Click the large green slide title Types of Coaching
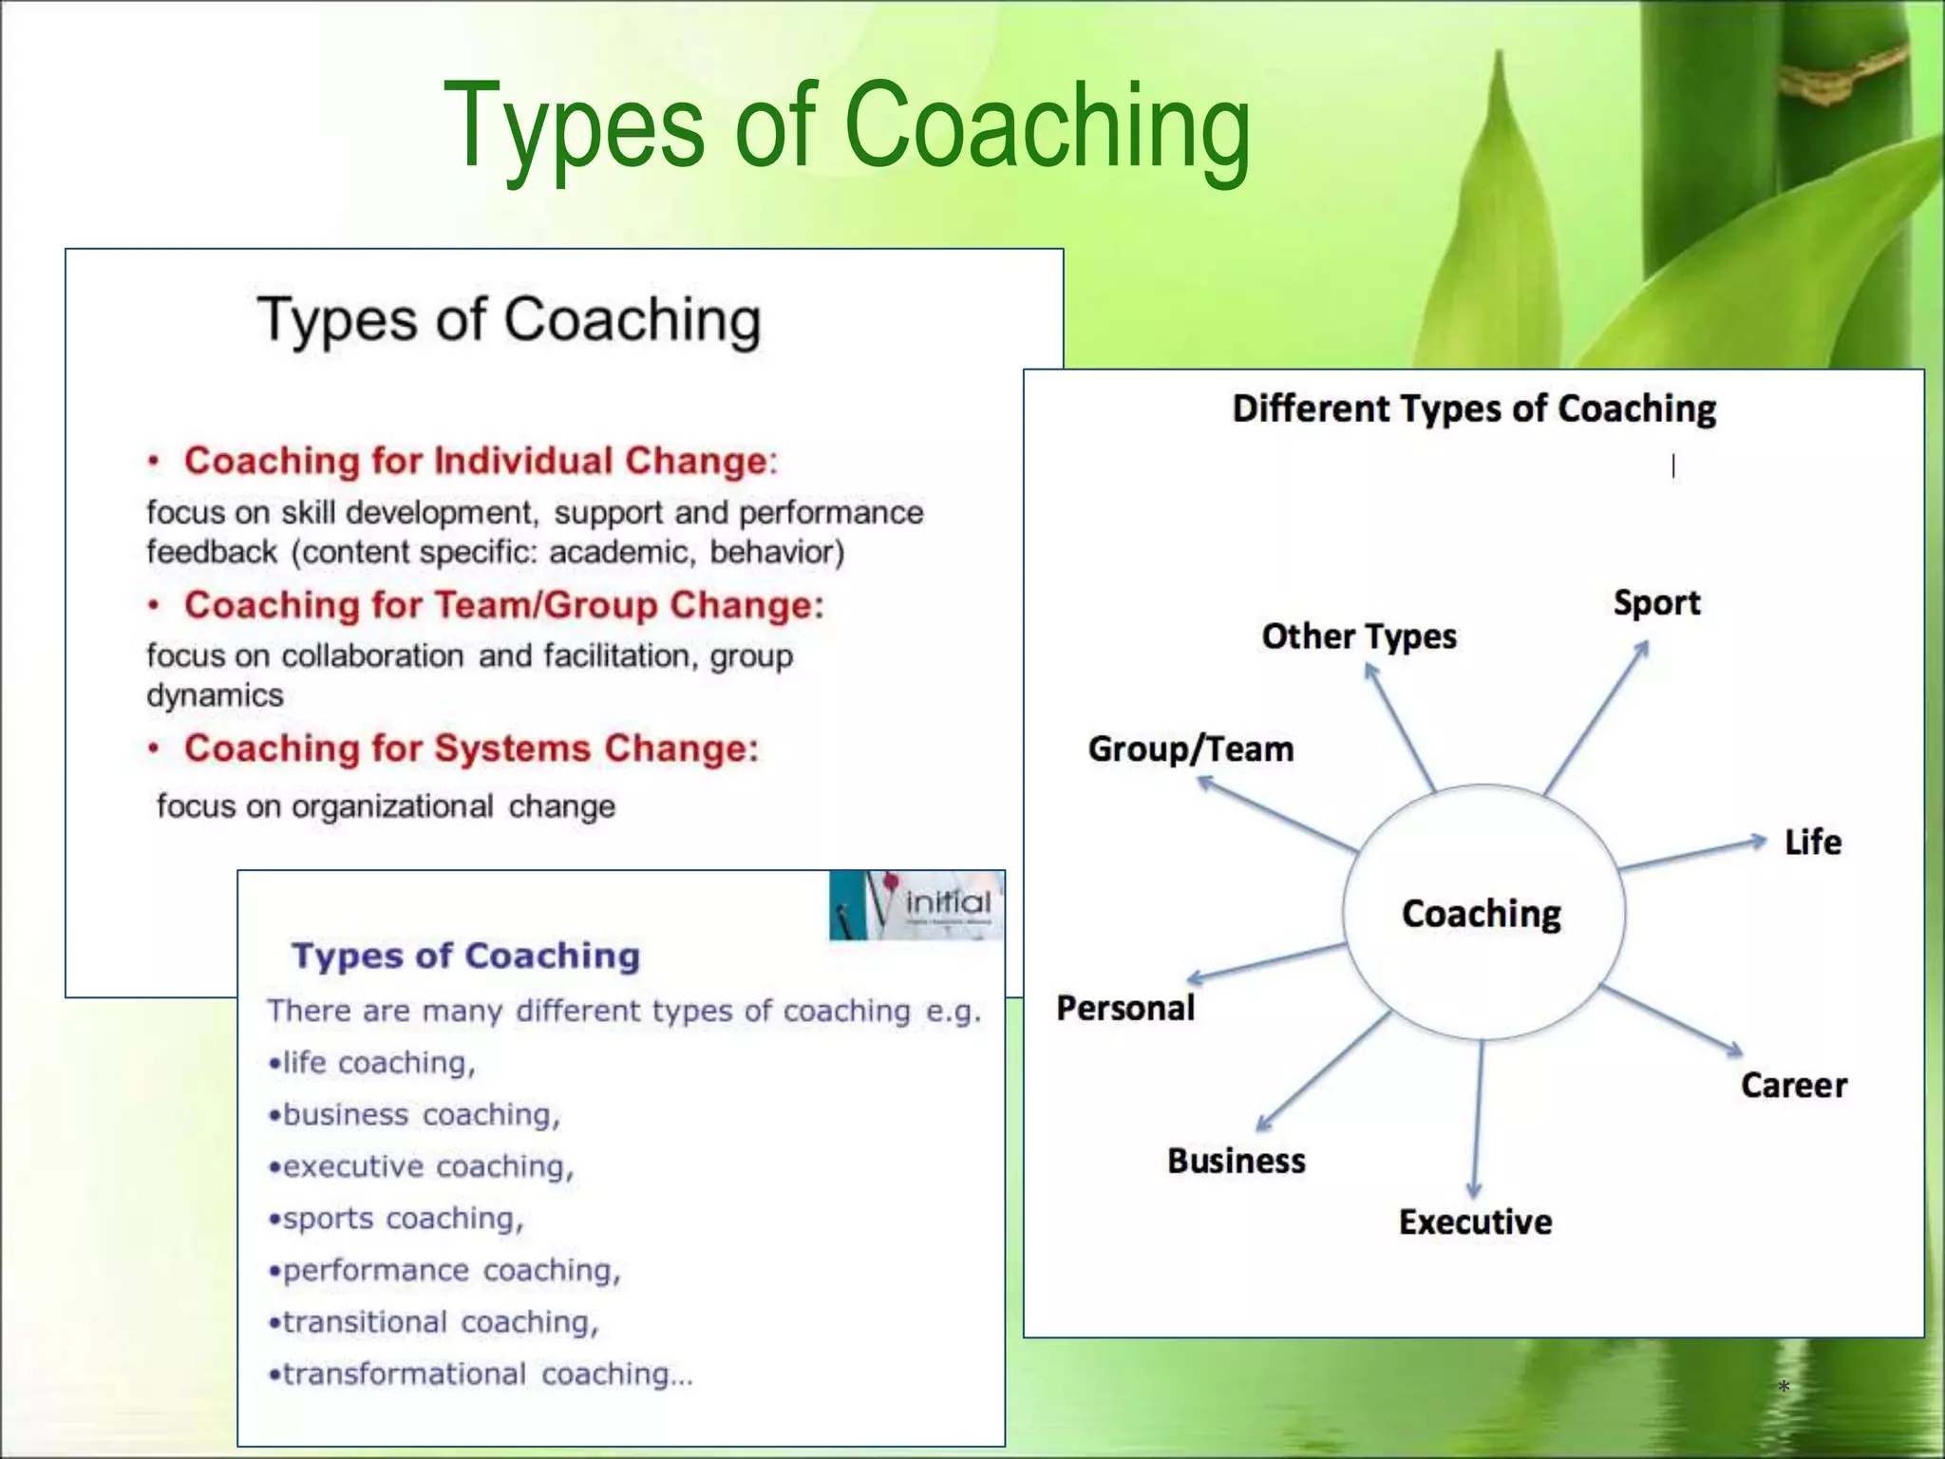(x=846, y=128)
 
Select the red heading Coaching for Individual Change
(x=480, y=461)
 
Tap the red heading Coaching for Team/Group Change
(x=503, y=605)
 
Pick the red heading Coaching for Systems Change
(x=471, y=748)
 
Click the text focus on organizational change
(x=386, y=806)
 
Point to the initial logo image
(x=916, y=905)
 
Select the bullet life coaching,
(x=372, y=1063)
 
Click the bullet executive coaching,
(x=422, y=1166)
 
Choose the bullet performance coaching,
(x=444, y=1271)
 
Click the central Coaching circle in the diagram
(x=1482, y=913)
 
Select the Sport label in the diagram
(x=1656, y=603)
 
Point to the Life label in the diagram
(x=1812, y=843)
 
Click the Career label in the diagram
(x=1793, y=1085)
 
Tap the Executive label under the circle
(x=1475, y=1222)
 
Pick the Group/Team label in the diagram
(x=1191, y=749)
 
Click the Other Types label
(x=1358, y=636)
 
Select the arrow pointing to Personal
(x=1266, y=962)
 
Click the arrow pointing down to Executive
(x=1477, y=1121)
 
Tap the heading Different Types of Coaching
(x=1474, y=408)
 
